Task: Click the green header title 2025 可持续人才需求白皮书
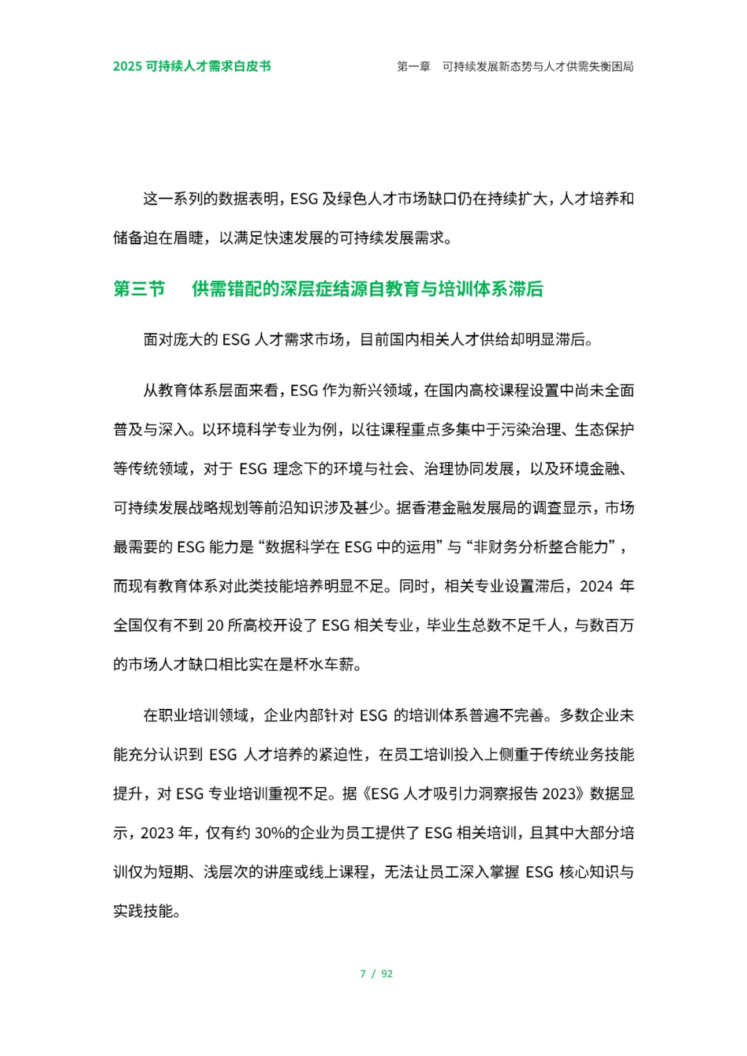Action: click(192, 66)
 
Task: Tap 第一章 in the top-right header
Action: click(414, 67)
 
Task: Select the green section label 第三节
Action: click(139, 288)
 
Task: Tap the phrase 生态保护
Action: click(605, 429)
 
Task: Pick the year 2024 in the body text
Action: click(596, 586)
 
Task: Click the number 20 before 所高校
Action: click(215, 626)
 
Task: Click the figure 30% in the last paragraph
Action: click(270, 833)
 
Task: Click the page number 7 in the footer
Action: click(362, 974)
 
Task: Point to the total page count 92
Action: click(387, 974)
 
